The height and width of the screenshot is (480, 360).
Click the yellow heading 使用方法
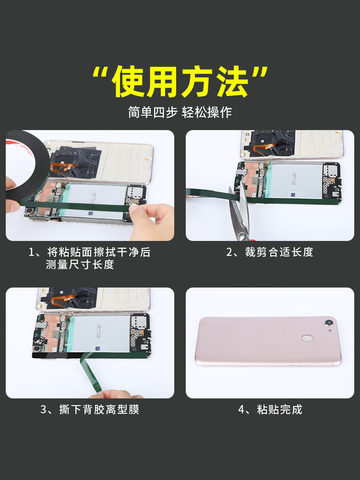pyautogui.click(x=180, y=82)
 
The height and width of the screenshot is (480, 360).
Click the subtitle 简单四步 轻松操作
pyautogui.click(x=180, y=112)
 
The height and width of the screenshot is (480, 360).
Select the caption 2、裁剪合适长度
pyautogui.click(x=270, y=252)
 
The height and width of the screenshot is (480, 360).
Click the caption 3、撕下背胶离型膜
pyautogui.click(x=90, y=409)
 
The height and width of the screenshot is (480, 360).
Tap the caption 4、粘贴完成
pyautogui.click(x=270, y=409)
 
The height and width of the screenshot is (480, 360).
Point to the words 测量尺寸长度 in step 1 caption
pyautogui.click(x=80, y=264)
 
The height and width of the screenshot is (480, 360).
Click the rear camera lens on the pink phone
pyautogui.click(x=329, y=323)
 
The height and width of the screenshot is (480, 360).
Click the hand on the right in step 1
pyautogui.click(x=152, y=221)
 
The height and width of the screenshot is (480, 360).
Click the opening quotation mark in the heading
pyautogui.click(x=101, y=75)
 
